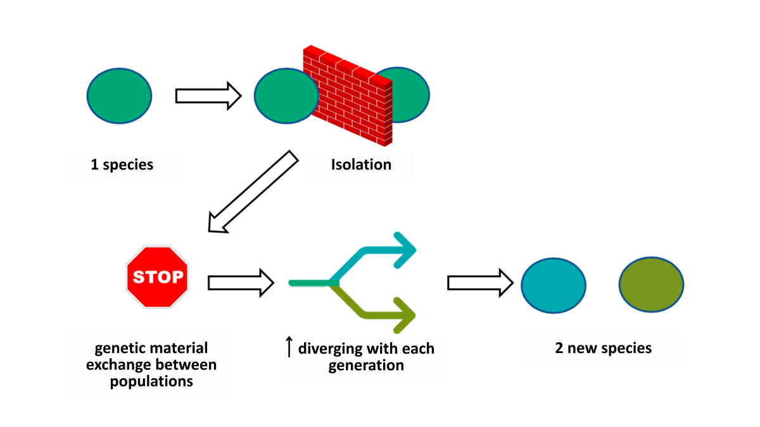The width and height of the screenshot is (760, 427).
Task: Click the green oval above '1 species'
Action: (x=119, y=96)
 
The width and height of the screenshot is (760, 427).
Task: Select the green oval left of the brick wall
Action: (x=286, y=96)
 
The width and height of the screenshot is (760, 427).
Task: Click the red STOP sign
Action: (x=158, y=277)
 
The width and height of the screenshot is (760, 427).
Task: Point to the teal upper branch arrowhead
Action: (x=405, y=250)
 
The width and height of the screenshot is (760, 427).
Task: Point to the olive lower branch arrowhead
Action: (x=405, y=315)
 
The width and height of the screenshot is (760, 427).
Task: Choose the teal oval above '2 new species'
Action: (x=554, y=285)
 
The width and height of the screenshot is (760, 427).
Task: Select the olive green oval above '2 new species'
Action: (x=651, y=284)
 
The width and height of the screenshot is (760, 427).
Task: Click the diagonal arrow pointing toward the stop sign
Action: (x=253, y=192)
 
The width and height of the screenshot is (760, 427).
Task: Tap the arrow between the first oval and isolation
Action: (x=208, y=96)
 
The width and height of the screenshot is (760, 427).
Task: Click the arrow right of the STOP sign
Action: (x=241, y=283)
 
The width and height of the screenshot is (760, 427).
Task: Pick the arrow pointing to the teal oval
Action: (x=481, y=283)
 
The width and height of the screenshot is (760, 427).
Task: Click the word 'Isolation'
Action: (x=361, y=164)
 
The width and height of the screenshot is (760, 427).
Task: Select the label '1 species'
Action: (x=122, y=164)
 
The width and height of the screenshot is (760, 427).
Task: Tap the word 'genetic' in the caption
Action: (x=118, y=349)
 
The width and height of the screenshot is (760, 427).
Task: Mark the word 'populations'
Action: (x=151, y=381)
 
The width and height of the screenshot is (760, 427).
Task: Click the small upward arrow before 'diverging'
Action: (x=289, y=347)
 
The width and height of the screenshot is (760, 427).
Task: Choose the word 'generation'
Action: (x=366, y=366)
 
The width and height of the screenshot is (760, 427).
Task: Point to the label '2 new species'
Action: (x=603, y=348)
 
